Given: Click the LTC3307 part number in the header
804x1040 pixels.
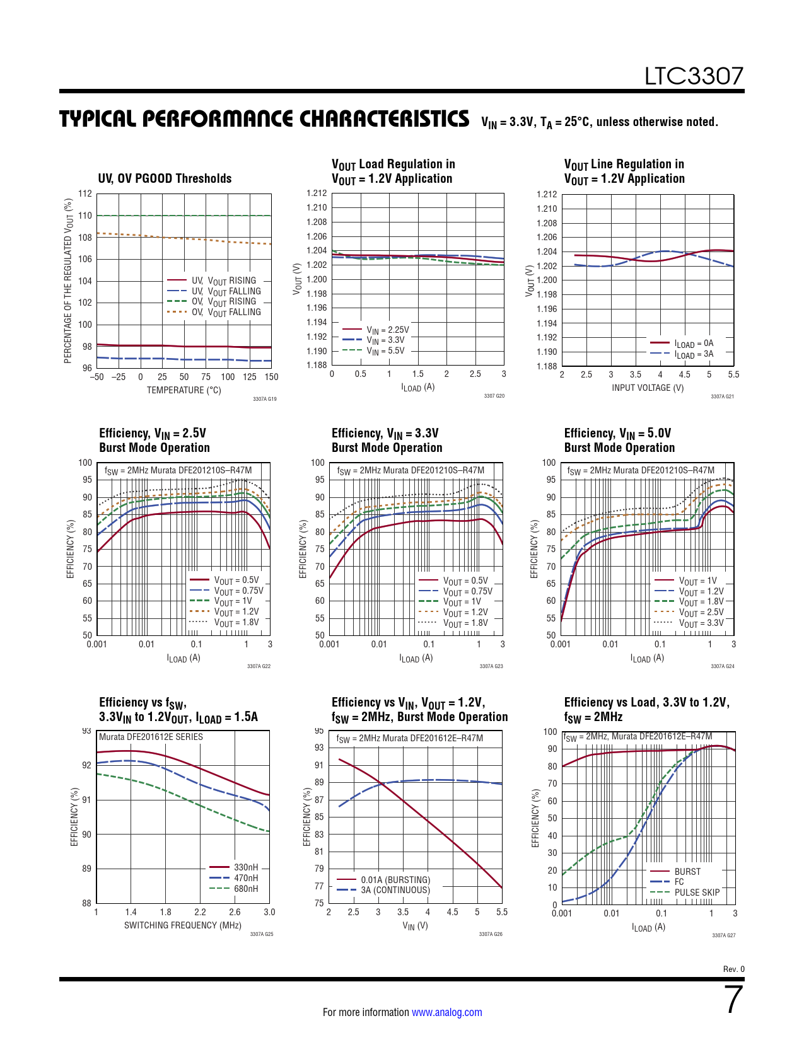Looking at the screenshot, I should (x=694, y=76).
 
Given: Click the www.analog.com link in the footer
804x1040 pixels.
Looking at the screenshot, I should (x=446, y=1012).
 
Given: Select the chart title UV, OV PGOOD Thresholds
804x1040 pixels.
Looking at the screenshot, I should (x=165, y=178).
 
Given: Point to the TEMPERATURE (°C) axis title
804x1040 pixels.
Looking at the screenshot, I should (x=184, y=390).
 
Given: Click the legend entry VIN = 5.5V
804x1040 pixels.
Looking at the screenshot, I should (x=385, y=351).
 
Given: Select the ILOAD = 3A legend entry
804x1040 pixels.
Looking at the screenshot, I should (x=694, y=355).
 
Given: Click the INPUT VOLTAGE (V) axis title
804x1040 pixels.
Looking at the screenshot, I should (x=648, y=388).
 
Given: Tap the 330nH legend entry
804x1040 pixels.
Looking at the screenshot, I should (x=245, y=867).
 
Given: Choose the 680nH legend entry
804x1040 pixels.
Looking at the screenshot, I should (x=245, y=889).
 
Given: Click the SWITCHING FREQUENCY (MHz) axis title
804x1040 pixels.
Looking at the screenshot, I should (x=182, y=925).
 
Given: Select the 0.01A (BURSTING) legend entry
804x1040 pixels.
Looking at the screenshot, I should (x=395, y=880).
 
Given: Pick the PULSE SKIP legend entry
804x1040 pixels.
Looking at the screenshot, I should (x=697, y=893).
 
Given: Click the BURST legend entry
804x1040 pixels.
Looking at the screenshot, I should (x=687, y=872).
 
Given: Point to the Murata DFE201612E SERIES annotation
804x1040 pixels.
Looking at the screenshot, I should (x=151, y=737).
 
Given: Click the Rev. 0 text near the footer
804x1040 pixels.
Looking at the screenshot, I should (x=733, y=969).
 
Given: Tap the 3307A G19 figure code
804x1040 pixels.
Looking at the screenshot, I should (x=264, y=399).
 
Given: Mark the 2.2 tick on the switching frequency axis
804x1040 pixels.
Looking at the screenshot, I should (x=200, y=912).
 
